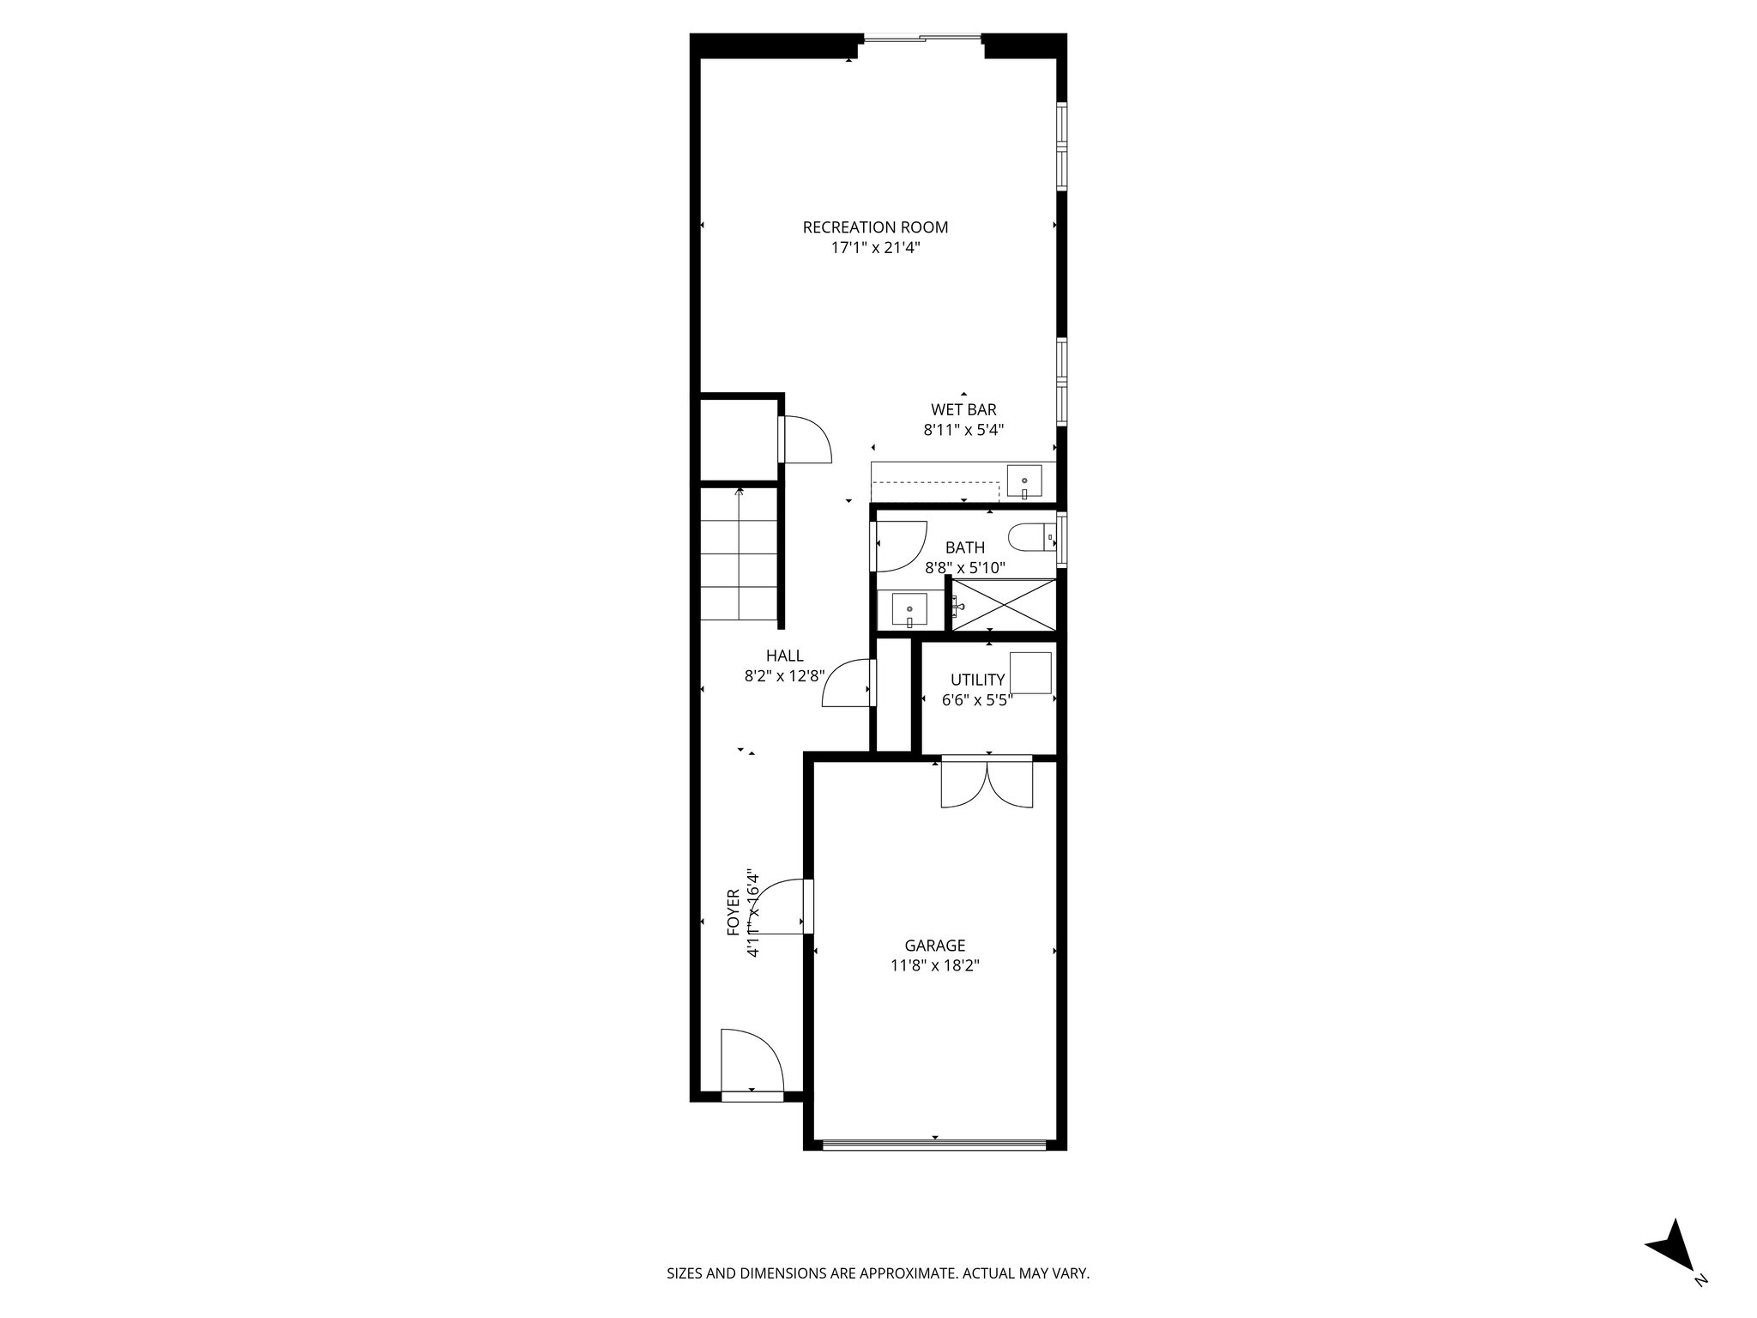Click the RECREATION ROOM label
(875, 227)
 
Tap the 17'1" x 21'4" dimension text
(875, 248)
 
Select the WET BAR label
(963, 410)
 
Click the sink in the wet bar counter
(1024, 481)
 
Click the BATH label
(965, 547)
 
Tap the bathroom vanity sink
(909, 610)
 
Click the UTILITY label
(977, 680)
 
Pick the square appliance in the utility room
(1030, 673)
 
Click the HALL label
(785, 656)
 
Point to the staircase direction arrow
(739, 493)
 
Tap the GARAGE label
(935, 946)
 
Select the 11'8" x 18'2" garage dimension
(935, 965)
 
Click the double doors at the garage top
(987, 783)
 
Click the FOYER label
(734, 911)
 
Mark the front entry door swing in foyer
(751, 1061)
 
